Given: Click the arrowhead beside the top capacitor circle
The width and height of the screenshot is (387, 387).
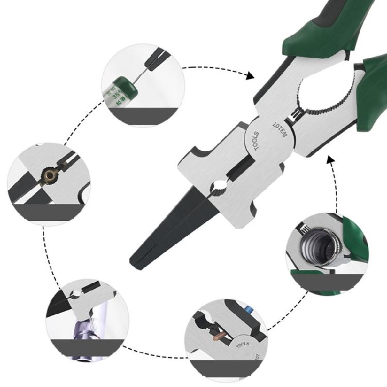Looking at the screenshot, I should click(x=250, y=76).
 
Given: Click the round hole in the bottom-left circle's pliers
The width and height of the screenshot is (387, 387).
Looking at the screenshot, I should click(x=76, y=294).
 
